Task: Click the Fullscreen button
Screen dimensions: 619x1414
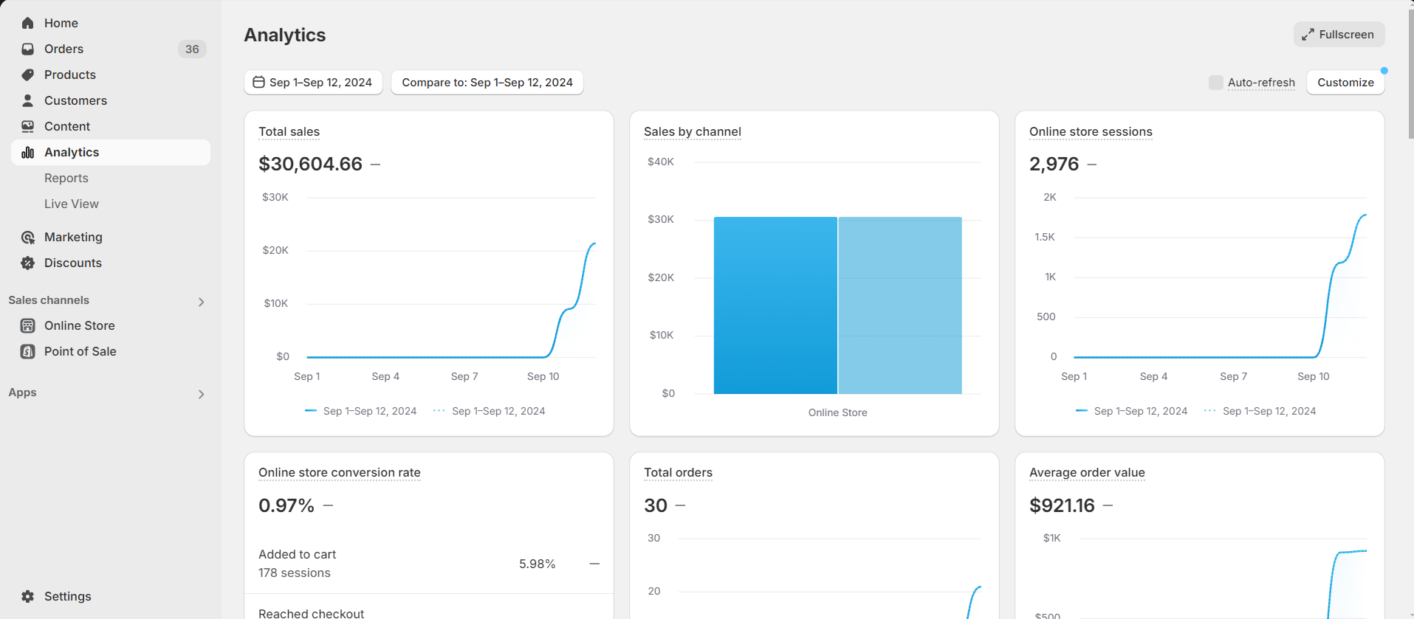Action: [x=1339, y=35]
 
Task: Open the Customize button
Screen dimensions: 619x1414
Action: [x=1345, y=83]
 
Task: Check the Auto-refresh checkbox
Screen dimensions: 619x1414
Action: [x=1215, y=83]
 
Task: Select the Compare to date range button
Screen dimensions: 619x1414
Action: [x=487, y=83]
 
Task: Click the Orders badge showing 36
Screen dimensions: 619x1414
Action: [x=192, y=49]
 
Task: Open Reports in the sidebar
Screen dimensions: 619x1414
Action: [x=66, y=178]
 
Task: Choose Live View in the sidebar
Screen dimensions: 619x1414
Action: [x=72, y=204]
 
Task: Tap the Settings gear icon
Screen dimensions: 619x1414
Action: [x=28, y=596]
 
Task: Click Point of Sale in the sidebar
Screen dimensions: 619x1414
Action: [x=80, y=351]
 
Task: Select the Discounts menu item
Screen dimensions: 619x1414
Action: [x=72, y=263]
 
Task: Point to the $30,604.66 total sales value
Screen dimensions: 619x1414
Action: [x=310, y=164]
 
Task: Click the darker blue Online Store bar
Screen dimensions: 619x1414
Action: [x=775, y=305]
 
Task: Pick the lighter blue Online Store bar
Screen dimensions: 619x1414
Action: [x=899, y=305]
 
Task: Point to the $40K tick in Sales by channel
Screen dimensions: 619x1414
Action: [x=660, y=162]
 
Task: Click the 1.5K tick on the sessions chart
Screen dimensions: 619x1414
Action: [x=1044, y=237]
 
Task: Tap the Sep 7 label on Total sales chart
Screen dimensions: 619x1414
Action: [x=464, y=376]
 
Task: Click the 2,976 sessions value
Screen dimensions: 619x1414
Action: [x=1054, y=164]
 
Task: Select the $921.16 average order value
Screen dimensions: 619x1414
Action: [x=1062, y=505]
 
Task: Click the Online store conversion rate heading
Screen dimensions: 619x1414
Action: [x=339, y=472]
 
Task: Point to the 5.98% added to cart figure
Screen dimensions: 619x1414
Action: [x=537, y=564]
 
